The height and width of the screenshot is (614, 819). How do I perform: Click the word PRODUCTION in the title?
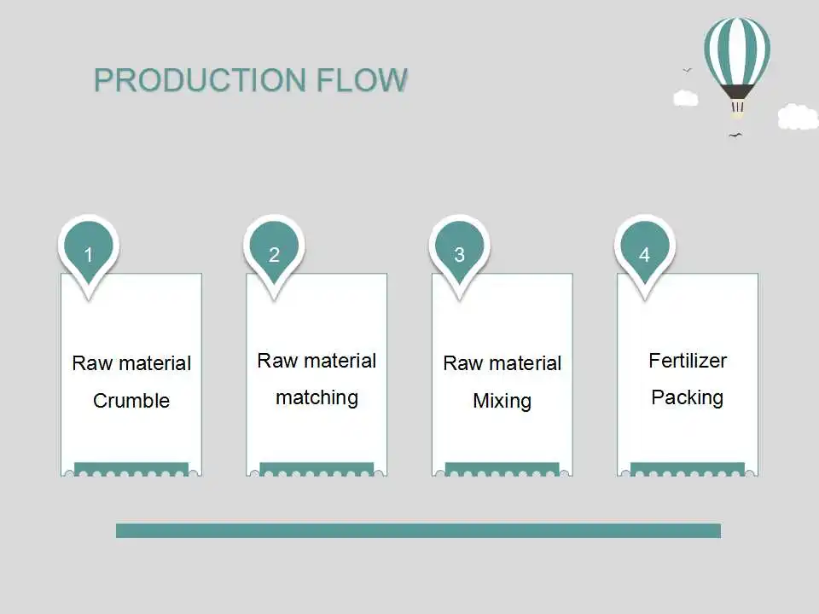click(x=200, y=80)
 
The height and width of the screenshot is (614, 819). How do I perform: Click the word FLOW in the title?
click(x=362, y=80)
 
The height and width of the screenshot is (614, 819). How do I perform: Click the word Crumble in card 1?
click(x=131, y=401)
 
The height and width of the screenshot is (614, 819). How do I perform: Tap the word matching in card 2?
click(x=317, y=398)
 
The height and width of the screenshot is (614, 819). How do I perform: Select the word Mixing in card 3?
click(x=502, y=401)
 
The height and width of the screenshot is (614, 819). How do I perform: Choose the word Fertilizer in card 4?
click(x=688, y=360)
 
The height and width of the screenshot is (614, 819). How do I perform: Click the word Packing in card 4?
click(x=688, y=398)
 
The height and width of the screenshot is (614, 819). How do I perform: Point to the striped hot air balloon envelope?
click(x=737, y=51)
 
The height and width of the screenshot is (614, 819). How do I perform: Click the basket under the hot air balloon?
click(x=737, y=107)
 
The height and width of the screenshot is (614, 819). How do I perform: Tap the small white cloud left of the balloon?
click(x=685, y=98)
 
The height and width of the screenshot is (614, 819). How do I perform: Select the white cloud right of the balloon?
click(x=799, y=117)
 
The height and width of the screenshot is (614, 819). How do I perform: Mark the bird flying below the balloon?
click(x=735, y=136)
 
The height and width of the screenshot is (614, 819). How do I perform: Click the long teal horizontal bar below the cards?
click(x=418, y=530)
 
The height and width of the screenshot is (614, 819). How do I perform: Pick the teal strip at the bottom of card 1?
click(x=131, y=469)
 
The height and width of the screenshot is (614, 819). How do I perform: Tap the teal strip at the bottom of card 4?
click(x=688, y=469)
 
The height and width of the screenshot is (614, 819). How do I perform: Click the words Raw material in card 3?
click(x=502, y=363)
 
